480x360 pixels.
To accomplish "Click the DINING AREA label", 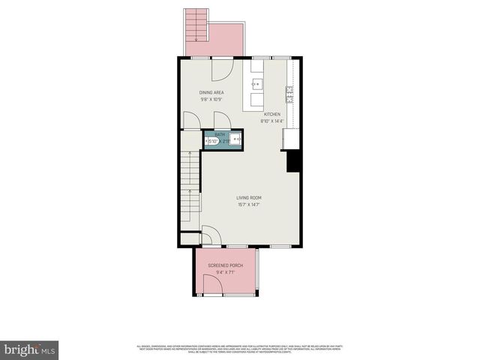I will coord(211,92).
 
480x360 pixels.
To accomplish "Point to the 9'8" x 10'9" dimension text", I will coord(211,99).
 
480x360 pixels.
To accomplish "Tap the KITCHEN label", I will coord(271,114).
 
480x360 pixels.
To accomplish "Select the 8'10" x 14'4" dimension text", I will coord(271,121).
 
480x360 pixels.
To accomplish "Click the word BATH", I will coord(220,134).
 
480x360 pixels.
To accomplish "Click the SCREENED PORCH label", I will coord(224,265).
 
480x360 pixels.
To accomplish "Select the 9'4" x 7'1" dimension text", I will coord(224,273).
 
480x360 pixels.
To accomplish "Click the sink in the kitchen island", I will coord(257,84).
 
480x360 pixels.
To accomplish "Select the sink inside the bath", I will coord(236,139).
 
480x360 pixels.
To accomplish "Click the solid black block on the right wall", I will coord(293,161).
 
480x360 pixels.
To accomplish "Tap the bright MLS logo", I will coord(30,349).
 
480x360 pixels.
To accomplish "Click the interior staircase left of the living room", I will coord(190,191).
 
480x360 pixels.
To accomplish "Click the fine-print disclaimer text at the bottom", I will coord(240,348).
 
